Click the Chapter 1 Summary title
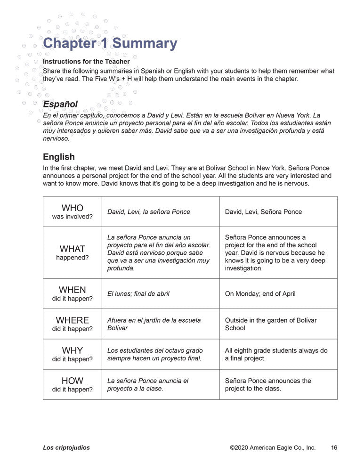110,43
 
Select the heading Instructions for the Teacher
86,61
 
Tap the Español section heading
60,104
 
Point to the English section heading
58,157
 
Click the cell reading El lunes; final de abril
138,294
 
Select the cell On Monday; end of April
260,294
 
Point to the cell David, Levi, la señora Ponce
149,212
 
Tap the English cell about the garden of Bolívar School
271,324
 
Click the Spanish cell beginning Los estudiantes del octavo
155,354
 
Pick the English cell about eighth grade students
276,354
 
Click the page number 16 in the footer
334,448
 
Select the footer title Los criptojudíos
66,448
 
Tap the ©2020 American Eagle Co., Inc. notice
273,448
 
